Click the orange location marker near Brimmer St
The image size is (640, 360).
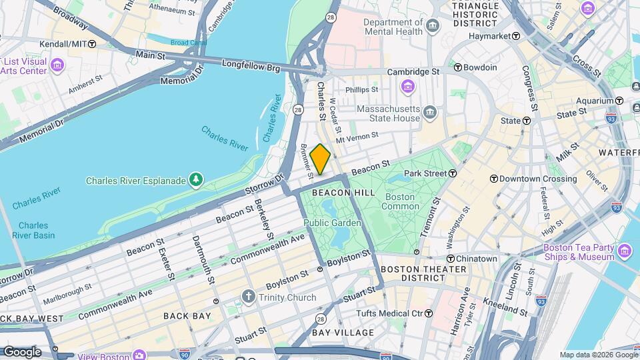pyautogui.click(x=320, y=159)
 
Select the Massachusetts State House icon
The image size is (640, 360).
pyautogui.click(x=431, y=113)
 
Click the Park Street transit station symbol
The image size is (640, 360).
pyautogui.click(x=453, y=173)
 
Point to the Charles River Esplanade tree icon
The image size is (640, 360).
pyautogui.click(x=195, y=180)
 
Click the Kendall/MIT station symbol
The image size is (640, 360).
pyautogui.click(x=92, y=44)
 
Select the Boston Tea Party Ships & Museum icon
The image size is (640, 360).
pyautogui.click(x=625, y=251)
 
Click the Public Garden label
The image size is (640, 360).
pyautogui.click(x=332, y=223)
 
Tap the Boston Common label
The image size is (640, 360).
pyautogui.click(x=400, y=201)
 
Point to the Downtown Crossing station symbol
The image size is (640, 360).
pyautogui.click(x=493, y=179)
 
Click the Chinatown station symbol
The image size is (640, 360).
pyautogui.click(x=450, y=259)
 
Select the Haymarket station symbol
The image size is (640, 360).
pyautogui.click(x=516, y=36)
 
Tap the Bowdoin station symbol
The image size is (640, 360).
pyautogui.click(x=457, y=67)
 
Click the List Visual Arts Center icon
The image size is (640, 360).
pyautogui.click(x=57, y=65)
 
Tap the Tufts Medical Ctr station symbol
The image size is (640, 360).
pyautogui.click(x=429, y=313)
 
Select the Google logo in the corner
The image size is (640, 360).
pyautogui.click(x=21, y=351)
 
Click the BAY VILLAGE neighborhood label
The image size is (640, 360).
pyautogui.click(x=343, y=332)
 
